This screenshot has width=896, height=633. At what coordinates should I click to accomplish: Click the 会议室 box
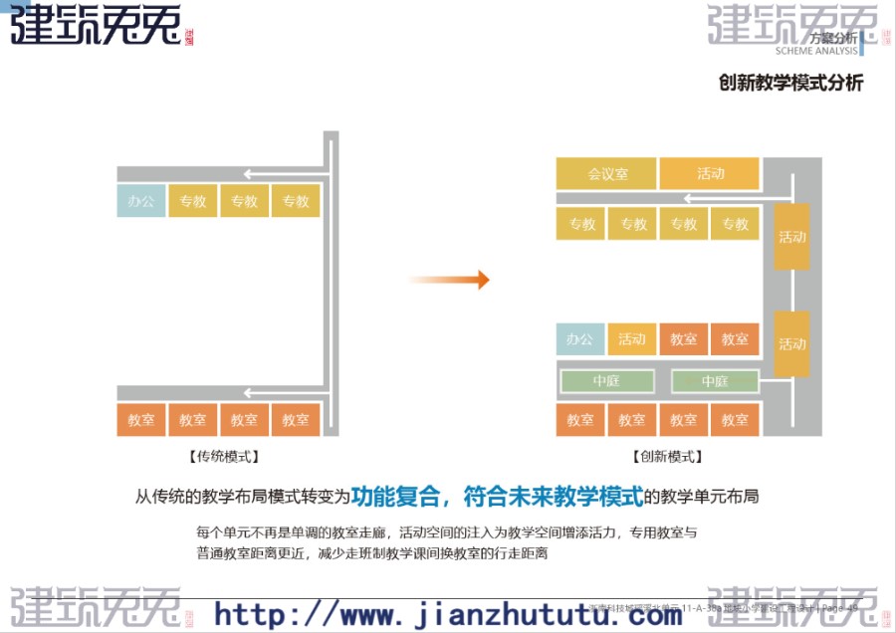point(606,174)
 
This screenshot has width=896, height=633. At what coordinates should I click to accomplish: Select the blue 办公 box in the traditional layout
point(141,201)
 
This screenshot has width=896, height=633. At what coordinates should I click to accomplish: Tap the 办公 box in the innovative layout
point(579,339)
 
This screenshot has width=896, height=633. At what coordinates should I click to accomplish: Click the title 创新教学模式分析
point(790,83)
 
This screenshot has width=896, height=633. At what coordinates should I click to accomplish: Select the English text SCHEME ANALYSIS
point(816,51)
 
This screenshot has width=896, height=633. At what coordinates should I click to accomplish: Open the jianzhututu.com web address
point(448,613)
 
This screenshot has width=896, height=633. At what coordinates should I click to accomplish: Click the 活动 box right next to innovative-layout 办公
point(631,339)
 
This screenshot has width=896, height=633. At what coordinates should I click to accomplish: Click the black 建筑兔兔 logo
point(96,25)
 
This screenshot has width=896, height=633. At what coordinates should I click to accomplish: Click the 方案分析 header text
point(833,38)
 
